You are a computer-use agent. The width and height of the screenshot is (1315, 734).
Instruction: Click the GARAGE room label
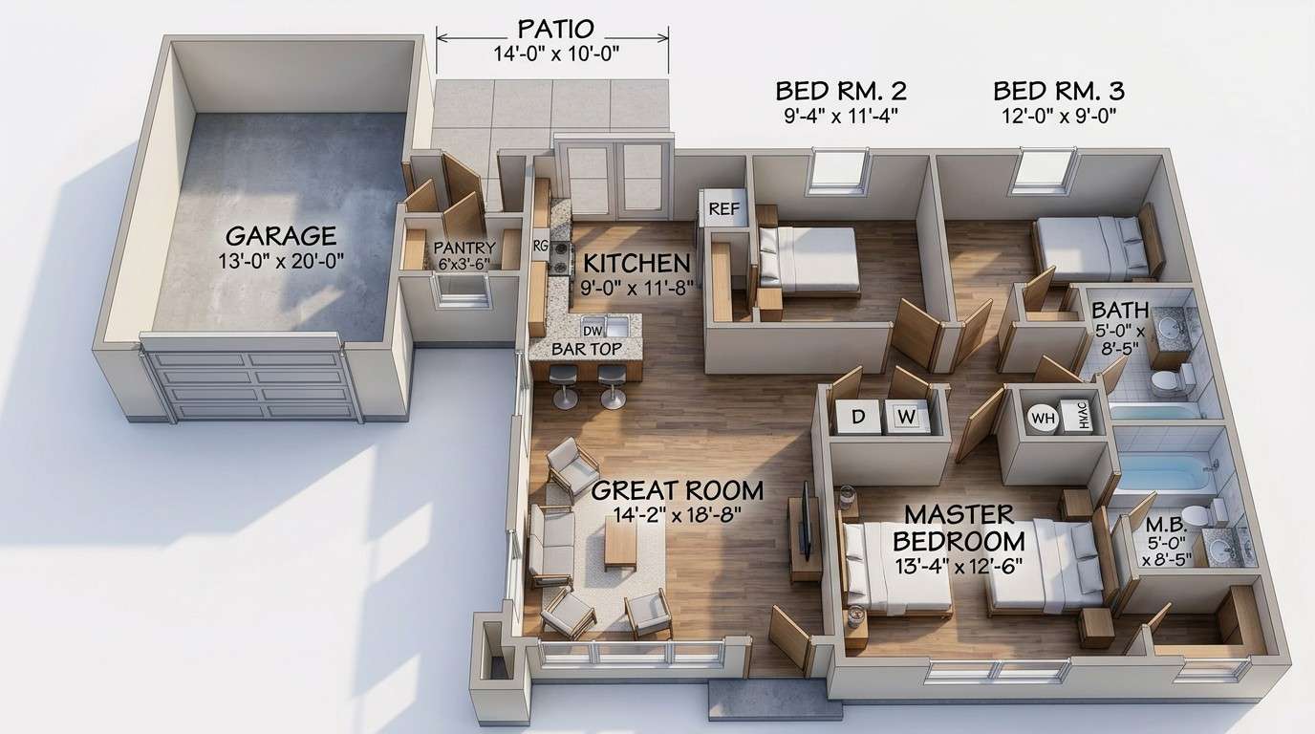280,235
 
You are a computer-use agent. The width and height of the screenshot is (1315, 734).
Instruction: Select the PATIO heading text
554,28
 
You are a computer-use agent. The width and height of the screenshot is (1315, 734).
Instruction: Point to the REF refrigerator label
723,209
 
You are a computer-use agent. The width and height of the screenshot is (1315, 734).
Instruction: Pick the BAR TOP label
585,349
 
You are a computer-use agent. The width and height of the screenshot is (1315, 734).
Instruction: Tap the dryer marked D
857,417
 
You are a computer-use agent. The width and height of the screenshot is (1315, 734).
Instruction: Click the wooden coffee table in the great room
620,544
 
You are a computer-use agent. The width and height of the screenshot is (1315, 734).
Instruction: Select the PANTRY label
463,248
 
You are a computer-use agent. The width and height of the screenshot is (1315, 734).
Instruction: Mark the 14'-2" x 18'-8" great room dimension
677,514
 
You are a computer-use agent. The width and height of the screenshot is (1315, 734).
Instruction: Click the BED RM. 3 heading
1058,92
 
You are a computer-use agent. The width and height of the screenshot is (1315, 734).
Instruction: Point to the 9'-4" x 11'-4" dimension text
840,116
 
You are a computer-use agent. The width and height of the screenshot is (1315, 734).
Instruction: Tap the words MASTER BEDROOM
959,528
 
